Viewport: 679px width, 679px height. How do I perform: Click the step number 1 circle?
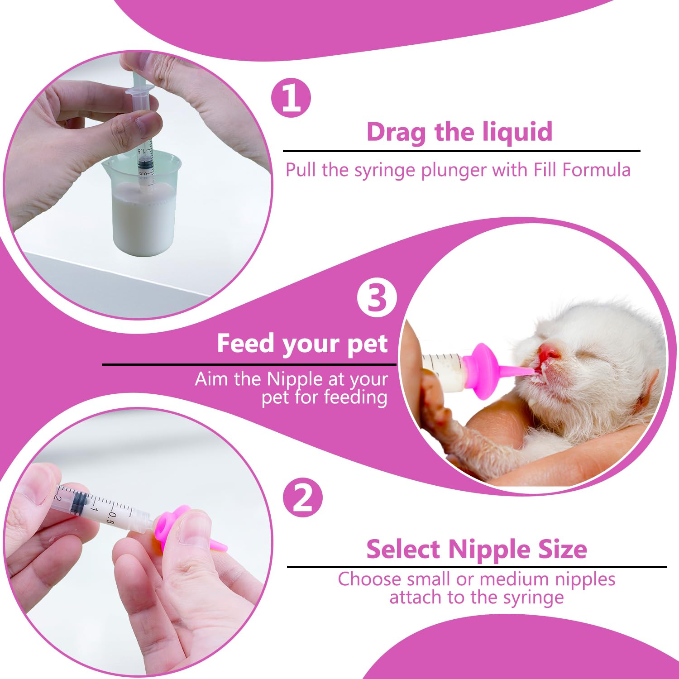[291, 98]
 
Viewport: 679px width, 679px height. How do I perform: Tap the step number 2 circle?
[303, 497]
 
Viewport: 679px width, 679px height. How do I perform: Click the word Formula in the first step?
[596, 170]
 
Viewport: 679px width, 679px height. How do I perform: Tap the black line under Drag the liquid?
[462, 151]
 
